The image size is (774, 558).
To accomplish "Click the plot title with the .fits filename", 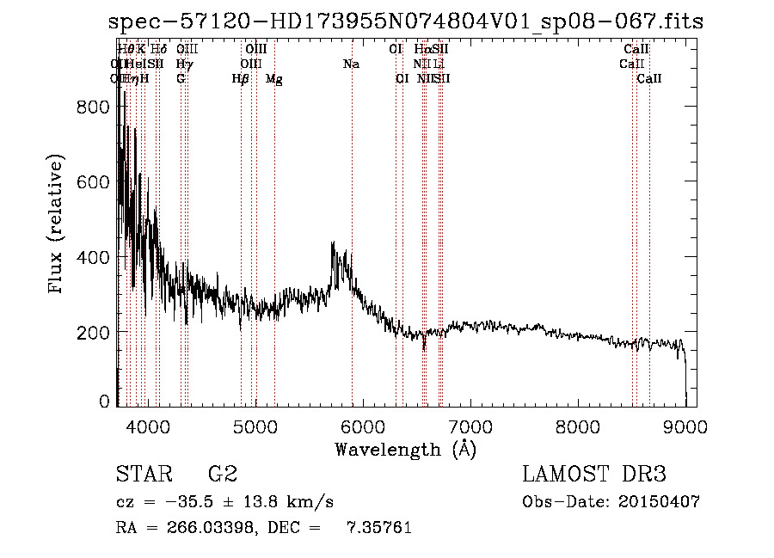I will [x=407, y=21].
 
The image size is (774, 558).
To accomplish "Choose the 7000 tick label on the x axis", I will [x=470, y=426].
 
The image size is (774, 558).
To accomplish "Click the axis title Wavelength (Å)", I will [x=405, y=448].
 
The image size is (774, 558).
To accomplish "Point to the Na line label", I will [x=351, y=64].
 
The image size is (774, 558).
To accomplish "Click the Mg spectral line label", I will [x=273, y=79].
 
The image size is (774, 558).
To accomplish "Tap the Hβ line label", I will [x=241, y=79].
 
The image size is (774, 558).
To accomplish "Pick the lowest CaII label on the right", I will [x=649, y=79].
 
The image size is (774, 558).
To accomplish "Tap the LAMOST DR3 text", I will [x=593, y=475].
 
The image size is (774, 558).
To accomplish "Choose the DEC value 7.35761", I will [x=378, y=528].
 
